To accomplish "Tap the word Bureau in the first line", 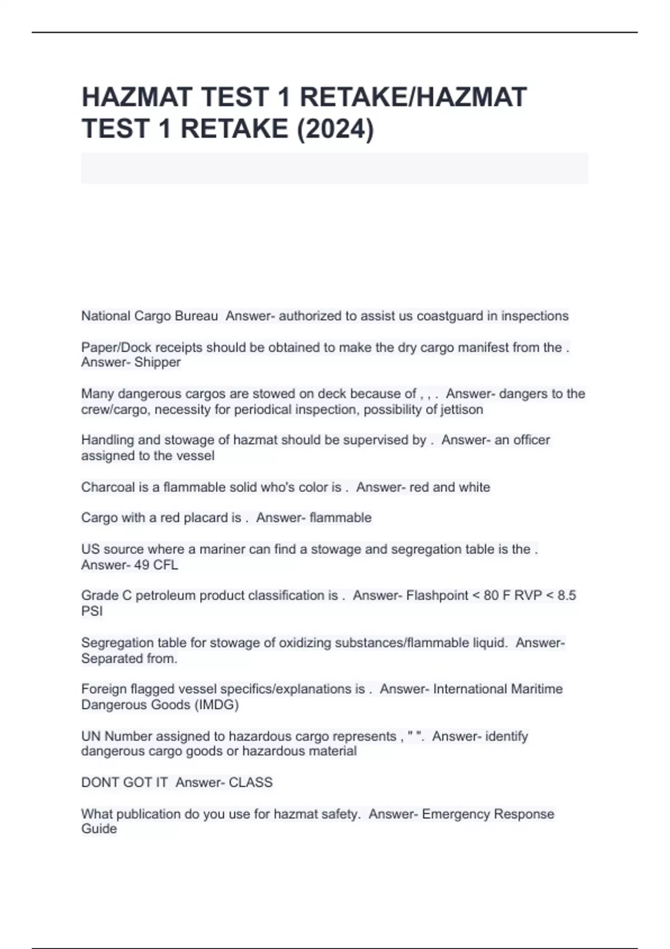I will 196,316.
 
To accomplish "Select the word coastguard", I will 450,316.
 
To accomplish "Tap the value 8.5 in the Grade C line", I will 566,596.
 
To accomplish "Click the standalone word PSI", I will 92,611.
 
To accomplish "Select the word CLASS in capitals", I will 251,782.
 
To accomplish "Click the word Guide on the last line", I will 99,829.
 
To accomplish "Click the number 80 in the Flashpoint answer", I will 491,596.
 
